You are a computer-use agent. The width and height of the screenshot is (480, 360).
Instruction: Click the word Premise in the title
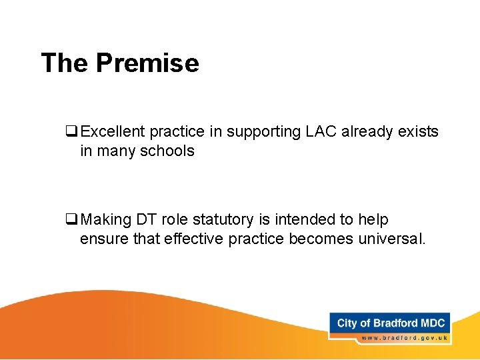(147, 63)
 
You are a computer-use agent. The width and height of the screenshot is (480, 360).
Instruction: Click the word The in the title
(65, 63)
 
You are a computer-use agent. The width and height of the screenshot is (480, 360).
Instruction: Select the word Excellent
(113, 132)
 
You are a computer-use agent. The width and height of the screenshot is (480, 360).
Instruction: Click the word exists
(419, 132)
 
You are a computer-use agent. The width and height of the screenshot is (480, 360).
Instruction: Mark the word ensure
(101, 239)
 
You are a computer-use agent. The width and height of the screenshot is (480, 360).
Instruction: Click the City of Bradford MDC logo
(391, 323)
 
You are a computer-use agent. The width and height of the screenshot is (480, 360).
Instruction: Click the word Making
(107, 220)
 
